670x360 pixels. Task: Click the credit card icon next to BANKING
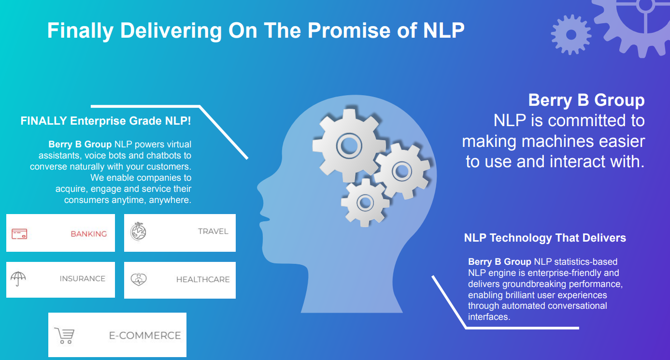pos(19,234)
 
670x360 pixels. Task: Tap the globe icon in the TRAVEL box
pos(138,231)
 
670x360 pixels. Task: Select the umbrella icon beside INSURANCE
pos(18,279)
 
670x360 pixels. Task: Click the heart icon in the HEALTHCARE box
pos(139,279)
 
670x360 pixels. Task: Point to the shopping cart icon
pos(64,335)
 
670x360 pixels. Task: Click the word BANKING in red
pos(89,234)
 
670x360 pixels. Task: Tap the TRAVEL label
pos(213,231)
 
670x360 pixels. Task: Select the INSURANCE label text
pos(83,279)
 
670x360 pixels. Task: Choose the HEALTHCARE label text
pos(203,279)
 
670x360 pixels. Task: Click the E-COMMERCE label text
pos(145,335)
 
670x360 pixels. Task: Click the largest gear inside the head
pos(349,146)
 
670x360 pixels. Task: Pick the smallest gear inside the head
pos(365,202)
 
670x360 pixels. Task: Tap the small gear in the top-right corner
pos(571,35)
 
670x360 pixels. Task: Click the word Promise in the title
pos(349,30)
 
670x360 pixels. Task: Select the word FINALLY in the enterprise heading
pos(43,121)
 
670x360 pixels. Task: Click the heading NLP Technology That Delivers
pos(545,238)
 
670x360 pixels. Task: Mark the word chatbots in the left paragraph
pos(164,156)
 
